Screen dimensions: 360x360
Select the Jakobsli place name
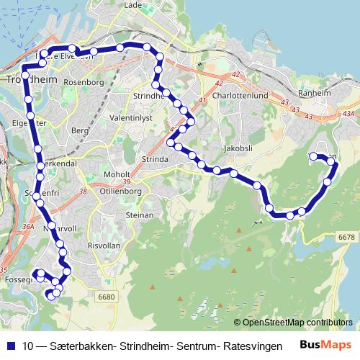click(238, 148)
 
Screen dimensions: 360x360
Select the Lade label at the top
click(132, 4)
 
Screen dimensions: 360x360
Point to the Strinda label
click(156, 159)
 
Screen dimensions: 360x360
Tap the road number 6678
click(346, 237)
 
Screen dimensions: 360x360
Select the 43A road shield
click(348, 114)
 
